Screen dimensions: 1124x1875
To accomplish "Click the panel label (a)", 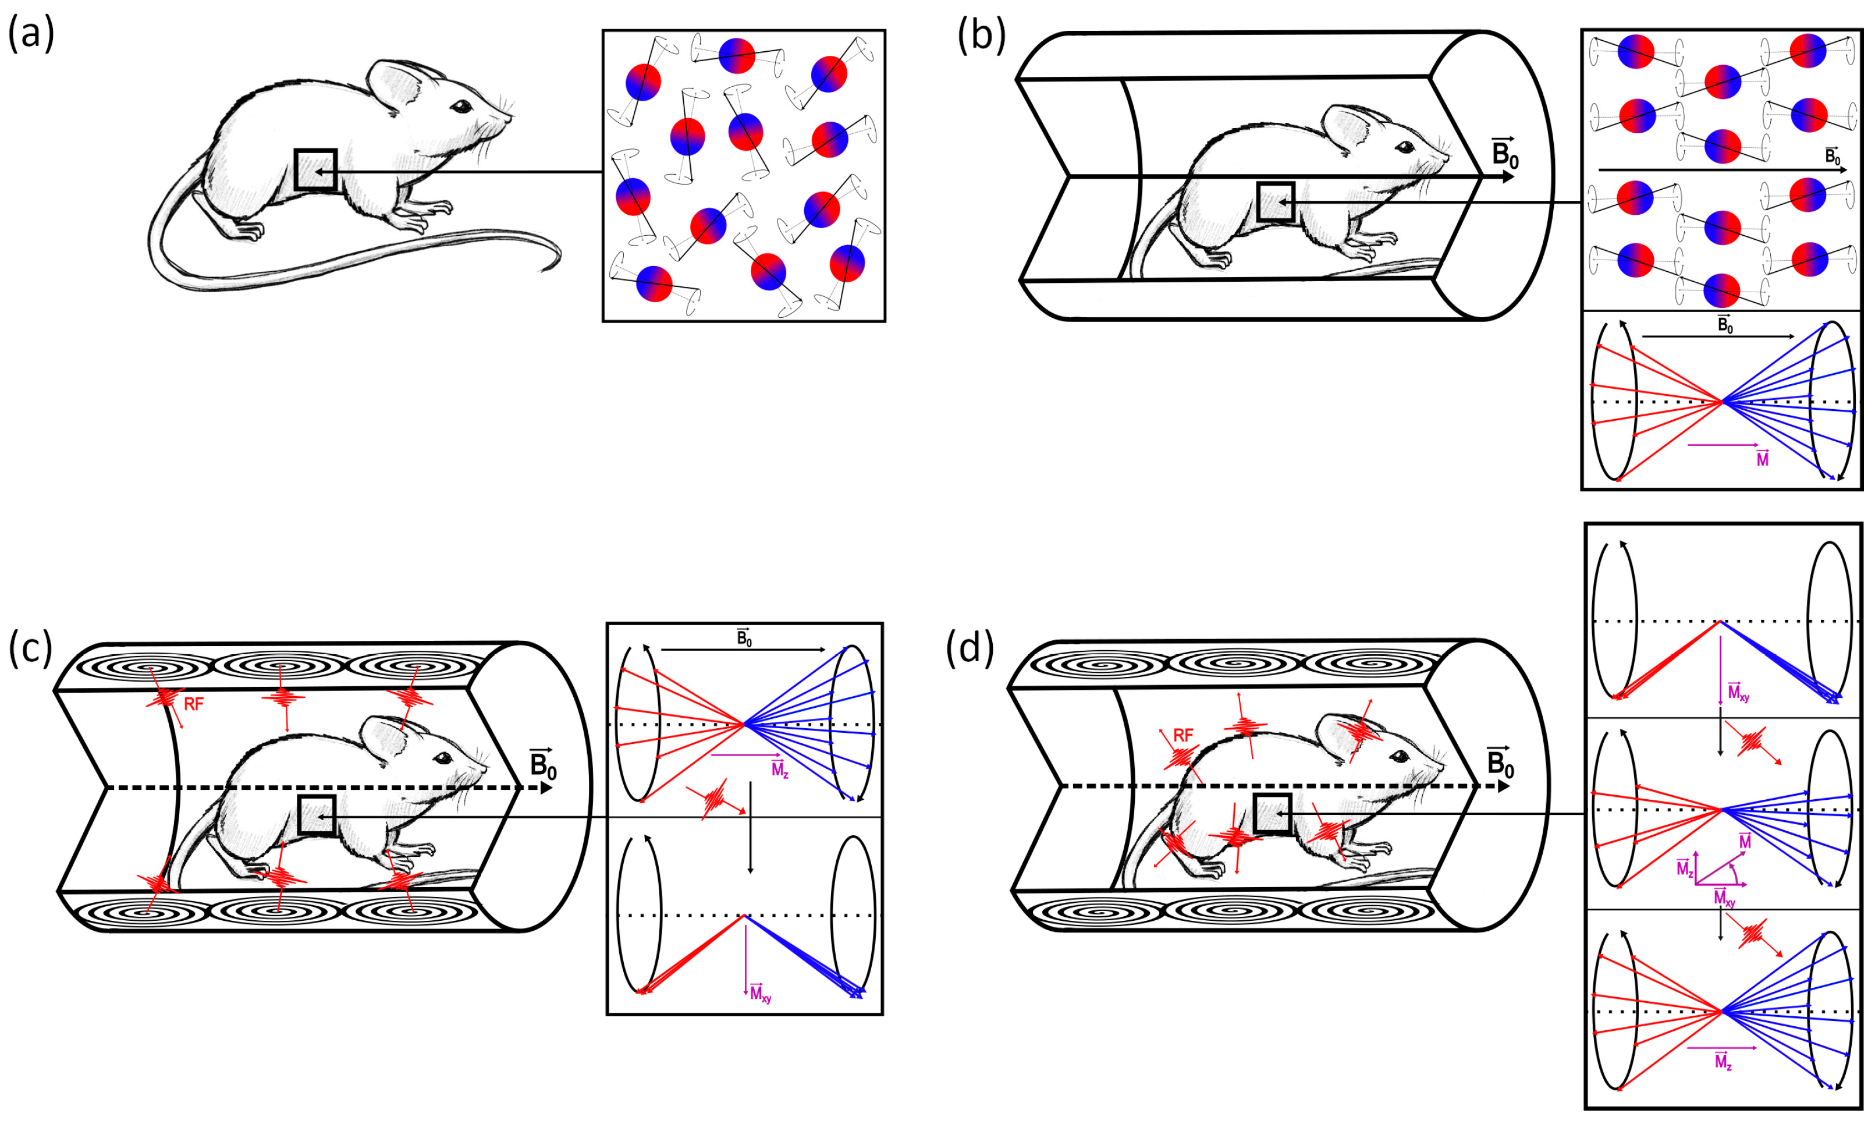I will click(x=31, y=35).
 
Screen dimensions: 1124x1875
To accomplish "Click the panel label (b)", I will click(x=981, y=35).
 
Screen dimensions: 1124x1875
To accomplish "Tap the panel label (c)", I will click(x=31, y=648).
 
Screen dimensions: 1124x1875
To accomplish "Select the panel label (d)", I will click(x=970, y=648).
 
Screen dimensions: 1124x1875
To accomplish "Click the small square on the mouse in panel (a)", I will click(x=315, y=169).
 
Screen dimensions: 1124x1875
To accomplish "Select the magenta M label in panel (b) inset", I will click(x=1762, y=458).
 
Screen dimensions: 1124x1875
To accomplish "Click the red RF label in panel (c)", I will click(x=194, y=704).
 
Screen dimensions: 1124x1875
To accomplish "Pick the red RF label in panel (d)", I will click(x=1183, y=735).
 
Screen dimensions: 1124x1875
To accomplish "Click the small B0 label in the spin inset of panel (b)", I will click(x=1832, y=157).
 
